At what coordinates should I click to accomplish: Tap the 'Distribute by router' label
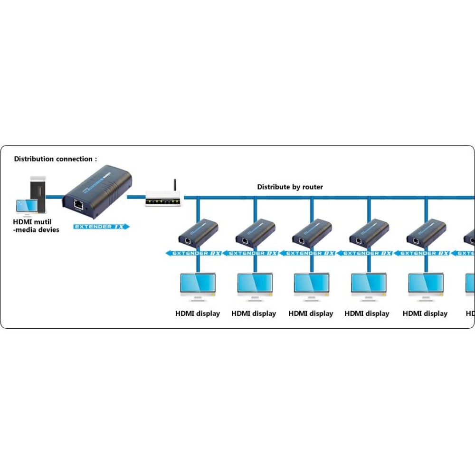click(290, 187)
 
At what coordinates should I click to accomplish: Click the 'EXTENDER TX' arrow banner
click(101, 227)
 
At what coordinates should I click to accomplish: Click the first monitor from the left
click(198, 285)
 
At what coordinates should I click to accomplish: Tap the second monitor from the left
click(255, 285)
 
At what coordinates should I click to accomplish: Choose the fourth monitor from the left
click(369, 285)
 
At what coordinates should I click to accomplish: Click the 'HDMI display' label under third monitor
click(311, 313)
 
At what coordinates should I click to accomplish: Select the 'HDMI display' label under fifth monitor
click(425, 313)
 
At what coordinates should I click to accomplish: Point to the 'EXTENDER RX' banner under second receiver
click(252, 253)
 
